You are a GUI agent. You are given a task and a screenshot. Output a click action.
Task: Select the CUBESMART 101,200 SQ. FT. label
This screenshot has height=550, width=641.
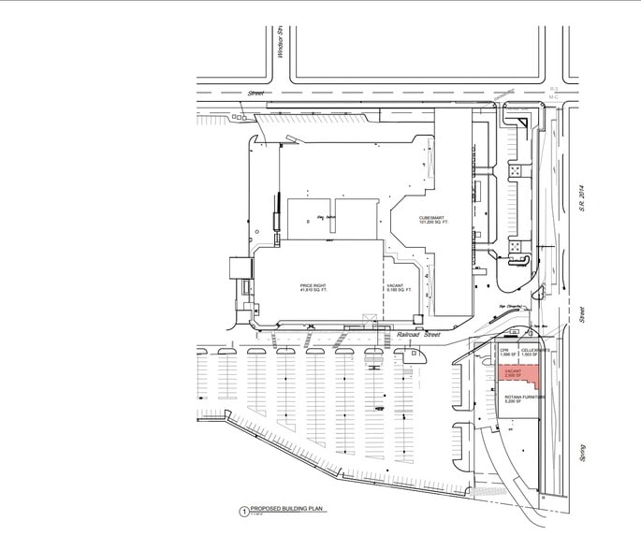click(433, 218)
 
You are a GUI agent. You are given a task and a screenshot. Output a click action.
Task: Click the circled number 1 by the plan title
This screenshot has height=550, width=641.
click(243, 512)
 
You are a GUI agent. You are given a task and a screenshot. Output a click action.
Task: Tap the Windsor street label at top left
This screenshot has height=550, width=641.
click(280, 43)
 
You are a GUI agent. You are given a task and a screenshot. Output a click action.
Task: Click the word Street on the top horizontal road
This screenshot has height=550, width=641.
click(256, 94)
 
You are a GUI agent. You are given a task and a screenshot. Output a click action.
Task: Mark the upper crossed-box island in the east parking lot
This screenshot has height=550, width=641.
click(516, 170)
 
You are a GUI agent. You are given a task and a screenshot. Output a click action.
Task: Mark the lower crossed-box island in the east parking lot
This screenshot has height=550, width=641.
click(516, 245)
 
